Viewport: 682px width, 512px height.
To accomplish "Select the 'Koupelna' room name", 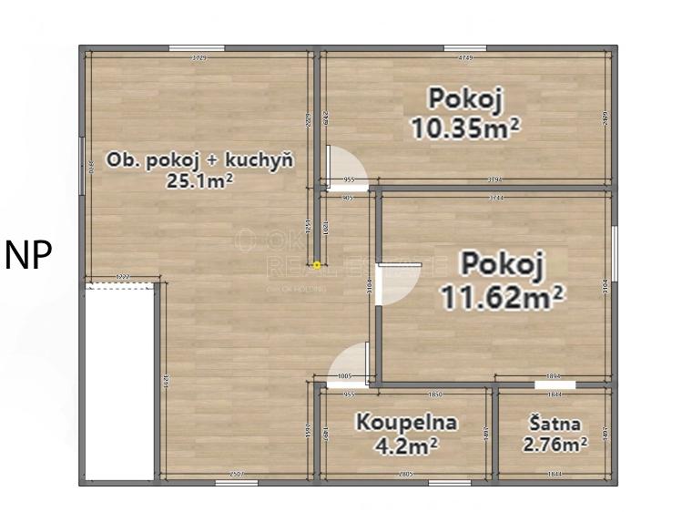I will (x=406, y=423).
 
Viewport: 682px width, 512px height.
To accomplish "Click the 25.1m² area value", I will (x=199, y=180).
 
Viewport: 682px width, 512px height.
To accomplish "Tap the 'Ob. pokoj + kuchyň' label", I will (x=199, y=161).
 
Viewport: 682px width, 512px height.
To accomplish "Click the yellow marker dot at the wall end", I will (x=316, y=265).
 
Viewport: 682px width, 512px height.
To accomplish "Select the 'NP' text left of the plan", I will (x=28, y=256).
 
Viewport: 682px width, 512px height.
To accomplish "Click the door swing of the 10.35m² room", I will (x=347, y=168).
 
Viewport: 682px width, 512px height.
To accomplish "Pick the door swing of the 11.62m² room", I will (x=395, y=283).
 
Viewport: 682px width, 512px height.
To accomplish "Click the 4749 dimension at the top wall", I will (x=465, y=57).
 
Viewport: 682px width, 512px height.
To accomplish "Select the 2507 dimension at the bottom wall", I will (x=238, y=474).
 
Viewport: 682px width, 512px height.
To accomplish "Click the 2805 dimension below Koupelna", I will (x=406, y=474).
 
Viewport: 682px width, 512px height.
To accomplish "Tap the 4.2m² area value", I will (x=406, y=445).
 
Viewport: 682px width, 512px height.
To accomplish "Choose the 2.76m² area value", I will (x=555, y=445).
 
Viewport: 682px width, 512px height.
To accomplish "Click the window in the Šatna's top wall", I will (x=555, y=384).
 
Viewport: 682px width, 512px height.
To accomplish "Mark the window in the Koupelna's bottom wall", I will (x=446, y=482).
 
